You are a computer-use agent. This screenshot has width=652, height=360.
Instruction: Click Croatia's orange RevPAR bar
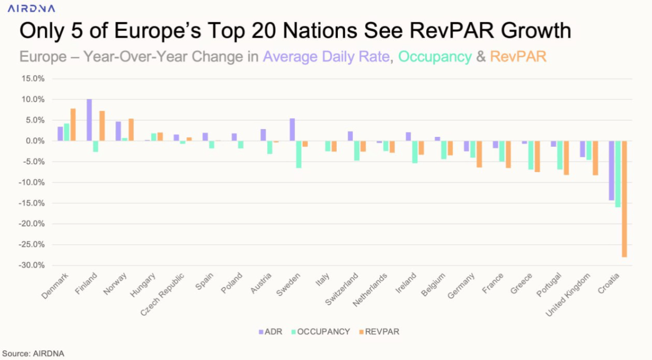(625, 199)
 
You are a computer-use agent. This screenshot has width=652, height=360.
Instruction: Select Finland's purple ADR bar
(90, 120)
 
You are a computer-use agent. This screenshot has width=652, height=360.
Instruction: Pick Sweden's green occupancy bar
(299, 154)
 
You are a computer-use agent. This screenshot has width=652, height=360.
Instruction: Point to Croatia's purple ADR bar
(611, 170)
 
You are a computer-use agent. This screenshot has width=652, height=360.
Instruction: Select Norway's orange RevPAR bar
(131, 130)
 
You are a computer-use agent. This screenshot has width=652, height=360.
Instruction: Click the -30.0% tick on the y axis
(33, 265)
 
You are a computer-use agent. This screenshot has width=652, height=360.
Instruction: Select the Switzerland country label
(342, 287)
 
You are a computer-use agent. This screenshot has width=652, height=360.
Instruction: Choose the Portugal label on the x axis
(549, 285)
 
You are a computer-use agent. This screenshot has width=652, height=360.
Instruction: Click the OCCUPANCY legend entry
(323, 332)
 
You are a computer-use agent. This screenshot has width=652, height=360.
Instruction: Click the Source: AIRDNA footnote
(33, 353)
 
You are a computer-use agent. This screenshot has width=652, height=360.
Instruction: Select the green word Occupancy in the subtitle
(435, 57)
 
